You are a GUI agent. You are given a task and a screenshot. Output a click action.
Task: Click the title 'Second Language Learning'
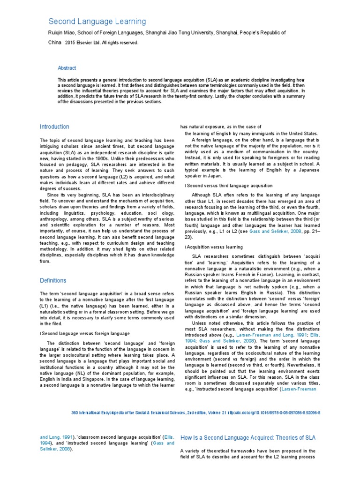click(97, 22)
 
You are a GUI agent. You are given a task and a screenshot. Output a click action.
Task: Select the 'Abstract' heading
click(67, 68)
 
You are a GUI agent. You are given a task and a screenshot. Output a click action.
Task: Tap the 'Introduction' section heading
click(54, 127)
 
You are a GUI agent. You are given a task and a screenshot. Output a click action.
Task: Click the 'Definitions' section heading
click(53, 280)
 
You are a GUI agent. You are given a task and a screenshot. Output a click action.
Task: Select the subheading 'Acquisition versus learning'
click(215, 247)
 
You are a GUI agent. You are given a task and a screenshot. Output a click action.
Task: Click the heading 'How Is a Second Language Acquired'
click(248, 438)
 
